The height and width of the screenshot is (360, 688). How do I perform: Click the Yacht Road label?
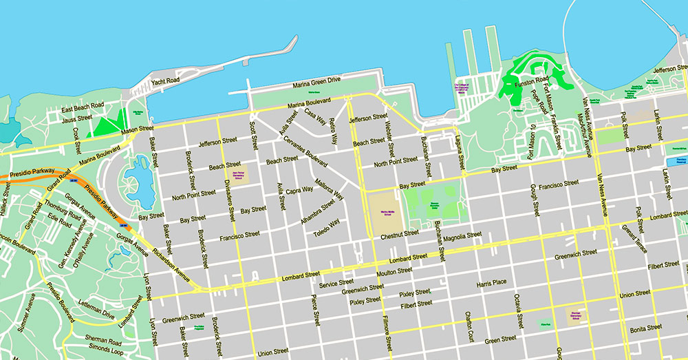click(165, 81)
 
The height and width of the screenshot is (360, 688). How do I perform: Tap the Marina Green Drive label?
click(316, 83)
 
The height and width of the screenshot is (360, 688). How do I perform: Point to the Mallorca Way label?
click(329, 189)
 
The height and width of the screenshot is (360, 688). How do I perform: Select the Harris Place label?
click(491, 282)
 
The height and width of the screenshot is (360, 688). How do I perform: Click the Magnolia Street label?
click(462, 235)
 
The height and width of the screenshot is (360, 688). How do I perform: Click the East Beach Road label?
click(82, 107)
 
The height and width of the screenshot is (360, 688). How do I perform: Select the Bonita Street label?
click(645, 328)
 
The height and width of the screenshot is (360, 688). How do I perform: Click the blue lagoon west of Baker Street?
click(138, 180)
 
